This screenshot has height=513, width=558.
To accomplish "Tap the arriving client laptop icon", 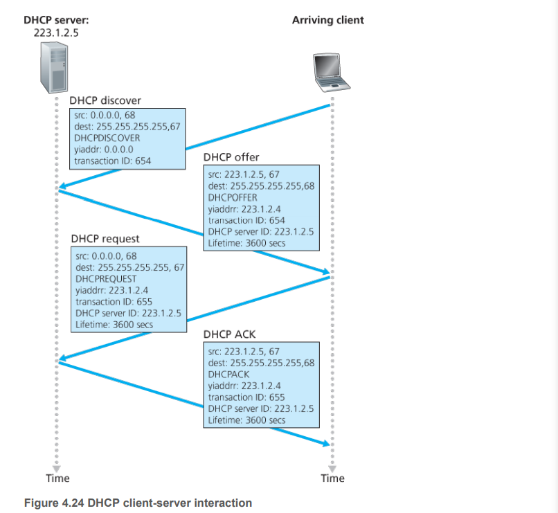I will [329, 71].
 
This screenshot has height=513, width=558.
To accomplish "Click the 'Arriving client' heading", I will [327, 20].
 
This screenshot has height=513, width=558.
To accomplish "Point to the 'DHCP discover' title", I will [105, 101].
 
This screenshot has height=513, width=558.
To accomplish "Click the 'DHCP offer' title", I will [231, 157].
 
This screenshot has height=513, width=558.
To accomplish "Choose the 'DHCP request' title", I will [105, 240].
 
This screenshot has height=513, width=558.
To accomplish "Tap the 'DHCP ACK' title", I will [229, 334].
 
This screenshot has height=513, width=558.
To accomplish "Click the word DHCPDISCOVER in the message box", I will [107, 138].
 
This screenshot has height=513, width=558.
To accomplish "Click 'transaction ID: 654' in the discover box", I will [112, 161].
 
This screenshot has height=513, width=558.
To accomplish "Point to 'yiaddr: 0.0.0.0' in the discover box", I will [103, 149].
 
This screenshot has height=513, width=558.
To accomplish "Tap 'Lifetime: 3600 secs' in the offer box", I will [246, 243].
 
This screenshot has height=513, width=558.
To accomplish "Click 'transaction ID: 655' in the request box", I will [114, 302].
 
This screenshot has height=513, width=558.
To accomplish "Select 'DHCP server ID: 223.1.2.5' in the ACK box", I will [260, 408].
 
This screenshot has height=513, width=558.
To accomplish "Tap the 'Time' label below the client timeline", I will [332, 478].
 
